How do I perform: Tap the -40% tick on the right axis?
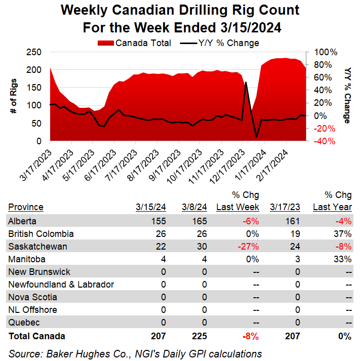(325, 141)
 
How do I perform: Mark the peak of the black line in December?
(246, 82)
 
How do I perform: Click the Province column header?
(25, 207)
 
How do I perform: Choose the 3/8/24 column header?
(195, 207)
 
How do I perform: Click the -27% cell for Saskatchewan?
(249, 247)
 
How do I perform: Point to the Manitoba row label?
(25, 259)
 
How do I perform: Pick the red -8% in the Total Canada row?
(251, 336)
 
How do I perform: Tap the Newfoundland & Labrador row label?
(61, 285)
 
